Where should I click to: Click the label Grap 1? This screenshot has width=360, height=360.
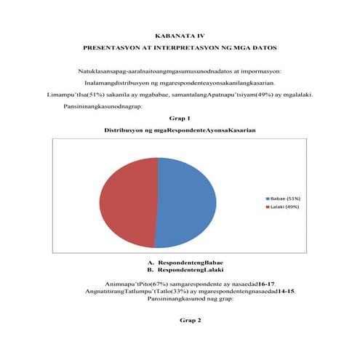pyautogui.click(x=179, y=117)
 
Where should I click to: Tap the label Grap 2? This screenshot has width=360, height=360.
pyautogui.click(x=179, y=320)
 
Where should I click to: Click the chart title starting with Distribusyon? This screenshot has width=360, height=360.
pyautogui.click(x=180, y=129)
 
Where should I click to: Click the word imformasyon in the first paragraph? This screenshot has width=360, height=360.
pyautogui.click(x=260, y=71)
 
